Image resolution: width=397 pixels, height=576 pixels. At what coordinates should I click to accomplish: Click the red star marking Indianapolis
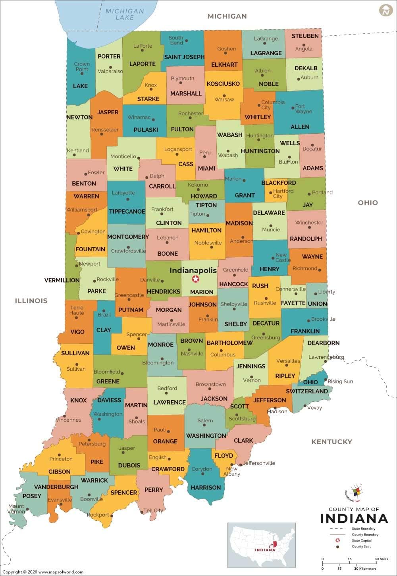tap(195, 279)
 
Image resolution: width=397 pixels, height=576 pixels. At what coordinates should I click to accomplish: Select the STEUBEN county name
tap(305, 36)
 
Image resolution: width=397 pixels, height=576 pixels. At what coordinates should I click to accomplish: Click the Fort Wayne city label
tap(303, 109)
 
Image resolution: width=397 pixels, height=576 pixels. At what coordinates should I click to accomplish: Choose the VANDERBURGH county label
tap(56, 487)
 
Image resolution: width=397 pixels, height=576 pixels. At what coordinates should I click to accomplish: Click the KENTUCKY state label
tap(331, 441)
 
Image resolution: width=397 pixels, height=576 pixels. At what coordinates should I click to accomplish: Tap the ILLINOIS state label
tap(31, 301)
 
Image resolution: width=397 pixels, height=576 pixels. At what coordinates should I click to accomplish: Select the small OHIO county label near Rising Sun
tap(310, 382)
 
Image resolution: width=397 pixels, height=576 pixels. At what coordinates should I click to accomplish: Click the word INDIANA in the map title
tap(354, 518)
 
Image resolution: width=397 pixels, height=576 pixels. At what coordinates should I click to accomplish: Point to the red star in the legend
tap(337, 540)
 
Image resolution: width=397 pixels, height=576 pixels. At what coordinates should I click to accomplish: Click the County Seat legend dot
tap(337, 547)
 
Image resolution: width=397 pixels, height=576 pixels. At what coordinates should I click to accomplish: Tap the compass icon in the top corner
tap(385, 10)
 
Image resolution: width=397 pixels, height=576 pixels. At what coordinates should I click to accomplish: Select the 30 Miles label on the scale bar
tap(381, 559)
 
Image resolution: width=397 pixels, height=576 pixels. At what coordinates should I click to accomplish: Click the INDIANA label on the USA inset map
tap(264, 550)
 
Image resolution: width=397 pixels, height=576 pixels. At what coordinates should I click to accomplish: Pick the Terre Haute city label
tap(77, 310)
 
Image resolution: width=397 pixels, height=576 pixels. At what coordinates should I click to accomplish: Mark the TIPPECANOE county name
tap(127, 211)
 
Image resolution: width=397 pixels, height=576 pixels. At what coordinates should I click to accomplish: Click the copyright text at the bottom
tap(42, 572)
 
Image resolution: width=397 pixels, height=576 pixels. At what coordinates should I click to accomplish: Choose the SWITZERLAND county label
tap(306, 391)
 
